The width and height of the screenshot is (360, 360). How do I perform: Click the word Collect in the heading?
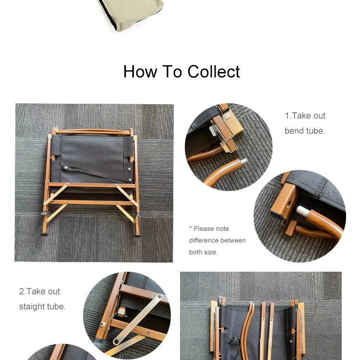tap(214, 72)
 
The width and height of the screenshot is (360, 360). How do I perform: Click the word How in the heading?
tap(140, 72)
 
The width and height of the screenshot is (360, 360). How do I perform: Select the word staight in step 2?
tap(32, 307)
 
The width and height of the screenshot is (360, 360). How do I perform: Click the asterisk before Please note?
tap(191, 228)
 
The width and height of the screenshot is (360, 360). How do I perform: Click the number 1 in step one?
tap(287, 116)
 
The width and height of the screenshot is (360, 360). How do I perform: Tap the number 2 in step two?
tap(22, 291)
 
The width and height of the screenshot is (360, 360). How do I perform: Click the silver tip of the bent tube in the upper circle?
tap(243, 161)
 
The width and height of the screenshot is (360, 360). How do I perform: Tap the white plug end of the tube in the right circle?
tap(302, 211)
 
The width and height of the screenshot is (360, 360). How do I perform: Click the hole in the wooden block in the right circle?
tap(288, 203)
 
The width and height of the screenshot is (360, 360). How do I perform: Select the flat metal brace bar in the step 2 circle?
tap(138, 319)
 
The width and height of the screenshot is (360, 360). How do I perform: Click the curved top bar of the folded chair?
tap(93, 132)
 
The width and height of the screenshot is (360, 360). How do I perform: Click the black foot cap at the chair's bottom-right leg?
tap(137, 235)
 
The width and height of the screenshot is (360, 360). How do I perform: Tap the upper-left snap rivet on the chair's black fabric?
tap(66, 168)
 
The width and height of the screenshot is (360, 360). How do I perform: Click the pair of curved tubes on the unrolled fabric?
tap(248, 331)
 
